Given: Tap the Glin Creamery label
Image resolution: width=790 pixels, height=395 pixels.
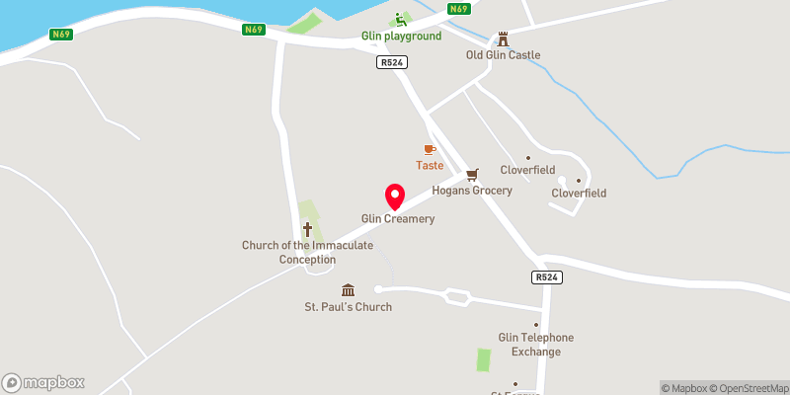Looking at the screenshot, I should [398, 219].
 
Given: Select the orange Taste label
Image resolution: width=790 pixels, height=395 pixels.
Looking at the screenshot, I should [429, 166].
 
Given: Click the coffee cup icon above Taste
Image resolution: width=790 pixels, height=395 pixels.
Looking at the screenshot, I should [429, 149].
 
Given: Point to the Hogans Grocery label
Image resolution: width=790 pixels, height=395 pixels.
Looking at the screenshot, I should [472, 191].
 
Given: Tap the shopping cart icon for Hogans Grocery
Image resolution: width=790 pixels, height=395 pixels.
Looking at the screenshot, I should [472, 174].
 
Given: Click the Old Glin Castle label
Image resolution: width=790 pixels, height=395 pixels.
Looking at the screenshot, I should [503, 55].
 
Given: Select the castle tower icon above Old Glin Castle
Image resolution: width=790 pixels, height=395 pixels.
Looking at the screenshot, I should [503, 39].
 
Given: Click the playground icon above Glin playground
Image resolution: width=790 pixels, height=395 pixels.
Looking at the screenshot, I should [400, 19].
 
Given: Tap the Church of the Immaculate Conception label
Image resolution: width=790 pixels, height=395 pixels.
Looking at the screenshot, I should [307, 252].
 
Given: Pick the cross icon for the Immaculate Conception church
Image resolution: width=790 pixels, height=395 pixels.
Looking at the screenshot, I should [307, 229].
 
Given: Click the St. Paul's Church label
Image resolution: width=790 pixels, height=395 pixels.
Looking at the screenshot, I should [348, 307].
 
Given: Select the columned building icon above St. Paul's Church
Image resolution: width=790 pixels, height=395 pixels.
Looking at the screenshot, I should [348, 289].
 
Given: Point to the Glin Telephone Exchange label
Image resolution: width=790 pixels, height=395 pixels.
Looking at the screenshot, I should [536, 345].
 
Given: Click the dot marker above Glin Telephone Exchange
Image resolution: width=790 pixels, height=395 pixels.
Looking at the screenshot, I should [536, 325].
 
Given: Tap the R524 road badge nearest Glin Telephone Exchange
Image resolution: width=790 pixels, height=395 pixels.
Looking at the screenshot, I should [546, 277].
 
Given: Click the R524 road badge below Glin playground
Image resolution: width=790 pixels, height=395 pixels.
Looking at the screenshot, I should [392, 61].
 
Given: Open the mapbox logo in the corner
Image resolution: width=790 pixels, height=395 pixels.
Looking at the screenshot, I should [43, 382].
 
